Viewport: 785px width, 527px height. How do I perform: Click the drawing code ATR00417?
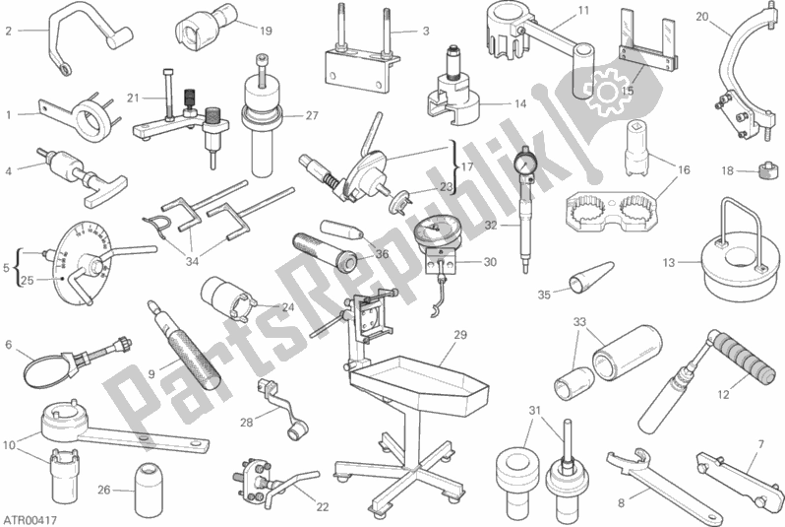tap(30, 520)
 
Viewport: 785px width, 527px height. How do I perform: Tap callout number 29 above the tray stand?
tap(460, 335)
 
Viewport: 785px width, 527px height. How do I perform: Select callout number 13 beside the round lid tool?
tap(669, 262)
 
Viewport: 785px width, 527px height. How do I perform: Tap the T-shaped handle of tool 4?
tap(105, 190)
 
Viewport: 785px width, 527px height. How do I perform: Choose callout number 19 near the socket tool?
tap(266, 31)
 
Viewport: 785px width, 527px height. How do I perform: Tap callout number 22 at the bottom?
tap(323, 507)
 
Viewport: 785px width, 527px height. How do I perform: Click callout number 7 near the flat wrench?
tap(761, 443)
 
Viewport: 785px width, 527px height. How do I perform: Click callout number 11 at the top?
tap(583, 10)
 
